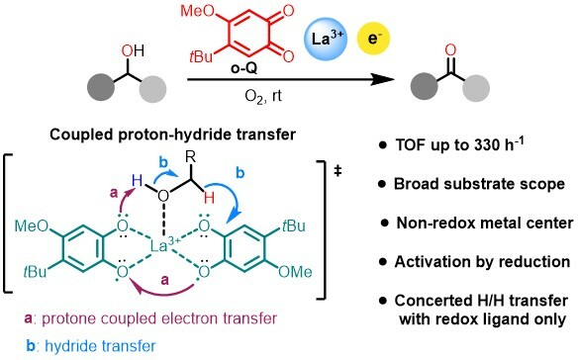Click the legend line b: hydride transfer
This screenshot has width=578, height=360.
(x=86, y=347)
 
